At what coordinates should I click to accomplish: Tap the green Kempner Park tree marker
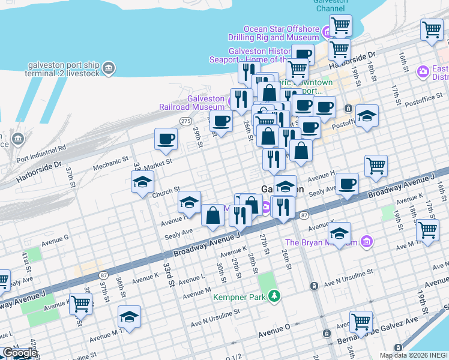point(274,296)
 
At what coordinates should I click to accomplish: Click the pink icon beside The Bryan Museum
point(367,242)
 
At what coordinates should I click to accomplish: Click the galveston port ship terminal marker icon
point(109,67)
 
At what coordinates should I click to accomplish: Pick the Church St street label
point(166,193)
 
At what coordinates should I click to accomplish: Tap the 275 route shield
point(185,121)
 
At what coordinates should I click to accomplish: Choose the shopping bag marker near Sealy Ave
point(212,215)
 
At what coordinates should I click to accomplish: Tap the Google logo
point(19,353)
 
